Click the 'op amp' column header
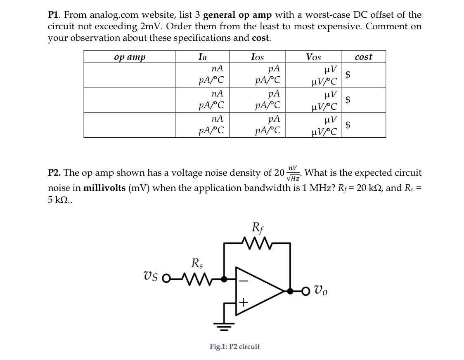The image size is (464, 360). coord(130,57)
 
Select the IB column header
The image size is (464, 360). coord(202,57)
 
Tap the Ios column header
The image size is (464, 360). coord(257,57)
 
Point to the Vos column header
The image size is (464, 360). coord(313,57)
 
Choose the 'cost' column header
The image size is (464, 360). coord(363,57)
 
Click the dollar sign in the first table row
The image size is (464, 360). coord(349,75)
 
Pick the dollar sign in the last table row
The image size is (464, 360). coord(349,125)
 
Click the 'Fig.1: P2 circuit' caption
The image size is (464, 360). coord(235,346)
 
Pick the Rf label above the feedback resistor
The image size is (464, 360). coord(257,227)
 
